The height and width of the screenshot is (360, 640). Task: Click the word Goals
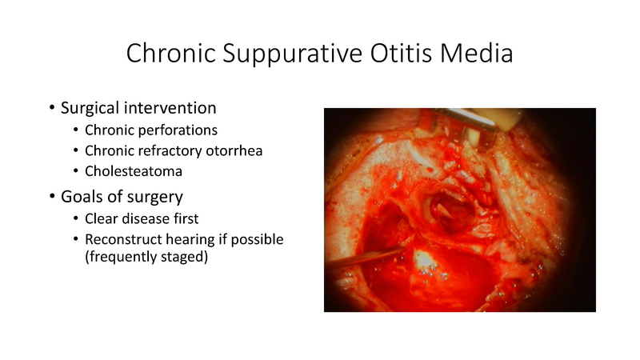(x=82, y=197)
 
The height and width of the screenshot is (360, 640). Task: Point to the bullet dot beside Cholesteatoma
(x=76, y=171)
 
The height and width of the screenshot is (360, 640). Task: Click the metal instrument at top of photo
(x=480, y=120)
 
